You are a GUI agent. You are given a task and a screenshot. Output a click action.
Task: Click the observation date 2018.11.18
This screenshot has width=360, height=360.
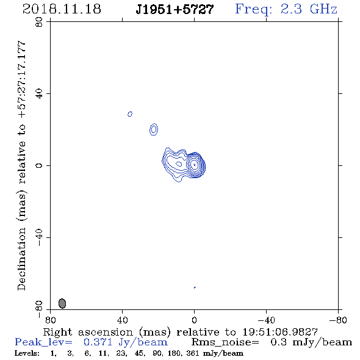62,9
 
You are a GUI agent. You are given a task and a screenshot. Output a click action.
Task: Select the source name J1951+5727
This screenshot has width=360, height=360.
175,9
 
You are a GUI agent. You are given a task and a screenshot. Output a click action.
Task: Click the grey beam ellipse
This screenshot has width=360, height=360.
62,303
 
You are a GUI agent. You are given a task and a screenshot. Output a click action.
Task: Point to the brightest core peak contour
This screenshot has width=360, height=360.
195,165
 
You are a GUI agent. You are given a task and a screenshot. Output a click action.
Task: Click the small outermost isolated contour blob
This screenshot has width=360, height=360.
130,114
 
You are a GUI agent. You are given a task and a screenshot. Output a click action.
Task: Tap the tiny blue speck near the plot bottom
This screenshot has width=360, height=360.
195,287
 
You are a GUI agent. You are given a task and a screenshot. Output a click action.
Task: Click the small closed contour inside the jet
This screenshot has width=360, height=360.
179,164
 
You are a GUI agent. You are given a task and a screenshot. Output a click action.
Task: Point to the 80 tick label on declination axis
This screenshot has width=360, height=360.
39,22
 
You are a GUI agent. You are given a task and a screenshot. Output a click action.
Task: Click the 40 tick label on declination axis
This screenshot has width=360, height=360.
39,94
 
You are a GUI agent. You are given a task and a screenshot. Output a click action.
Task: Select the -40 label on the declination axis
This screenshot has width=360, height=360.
39,237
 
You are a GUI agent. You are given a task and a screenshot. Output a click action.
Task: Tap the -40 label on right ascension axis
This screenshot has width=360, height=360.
266,320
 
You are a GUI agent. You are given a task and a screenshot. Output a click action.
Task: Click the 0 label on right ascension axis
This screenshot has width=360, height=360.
194,320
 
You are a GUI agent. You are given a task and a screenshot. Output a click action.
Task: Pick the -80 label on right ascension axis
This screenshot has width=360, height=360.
338,320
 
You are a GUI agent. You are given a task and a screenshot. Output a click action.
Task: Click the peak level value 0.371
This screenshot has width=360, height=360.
98,342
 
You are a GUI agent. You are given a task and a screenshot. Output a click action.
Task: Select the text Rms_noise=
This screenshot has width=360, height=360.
225,342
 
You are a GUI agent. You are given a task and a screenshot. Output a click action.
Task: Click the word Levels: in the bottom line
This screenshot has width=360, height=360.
27,353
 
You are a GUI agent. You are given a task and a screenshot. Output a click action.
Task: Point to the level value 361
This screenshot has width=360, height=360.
193,353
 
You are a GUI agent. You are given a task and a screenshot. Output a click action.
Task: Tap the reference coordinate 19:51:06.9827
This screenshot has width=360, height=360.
280,332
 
